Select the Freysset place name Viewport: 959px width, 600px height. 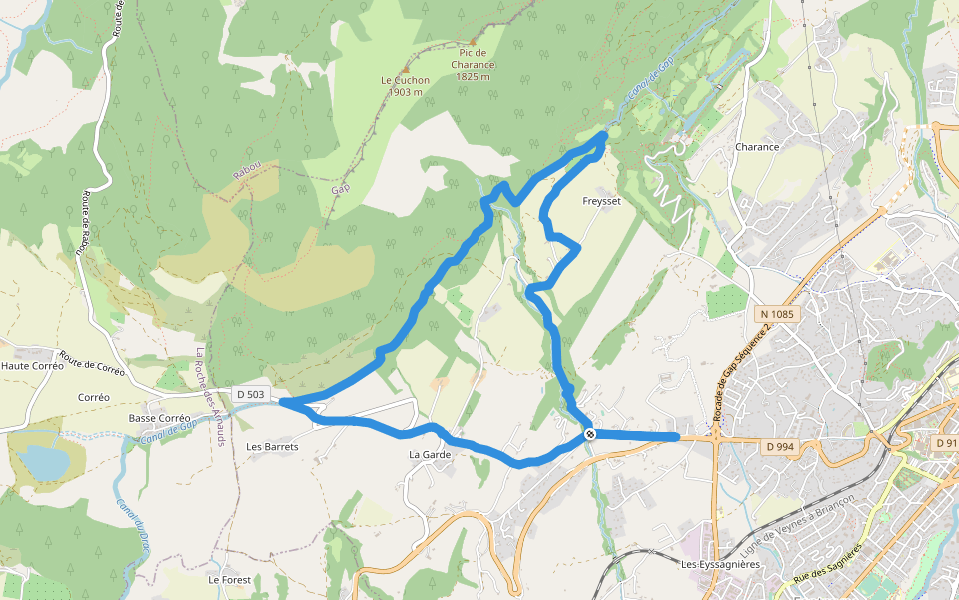tap(601, 201)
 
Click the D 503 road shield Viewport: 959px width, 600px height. tap(251, 394)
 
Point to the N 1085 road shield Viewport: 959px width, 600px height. tap(776, 314)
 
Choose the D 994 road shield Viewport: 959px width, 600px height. tap(782, 446)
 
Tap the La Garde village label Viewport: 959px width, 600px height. tap(430, 455)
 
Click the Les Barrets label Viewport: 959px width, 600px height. tap(272, 447)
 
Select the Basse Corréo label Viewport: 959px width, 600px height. tap(159, 418)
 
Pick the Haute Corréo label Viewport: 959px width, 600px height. tap(32, 366)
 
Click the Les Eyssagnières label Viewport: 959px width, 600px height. tap(720, 565)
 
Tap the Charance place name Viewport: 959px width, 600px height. tap(756, 147)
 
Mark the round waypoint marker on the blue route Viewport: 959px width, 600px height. tap(590, 434)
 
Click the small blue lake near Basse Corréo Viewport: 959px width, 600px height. tap(43, 462)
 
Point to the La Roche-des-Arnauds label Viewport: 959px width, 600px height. tap(211, 396)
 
